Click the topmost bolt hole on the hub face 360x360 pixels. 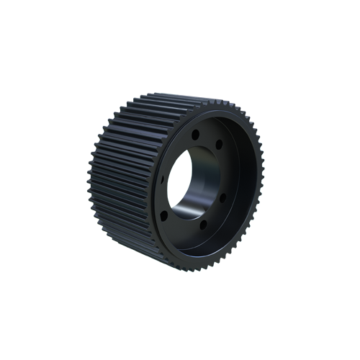(x=195, y=134)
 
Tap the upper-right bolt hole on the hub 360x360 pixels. (x=219, y=145)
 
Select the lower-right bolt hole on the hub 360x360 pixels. (x=223, y=197)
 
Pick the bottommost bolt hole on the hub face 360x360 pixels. (x=204, y=224)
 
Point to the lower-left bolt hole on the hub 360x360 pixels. (x=164, y=215)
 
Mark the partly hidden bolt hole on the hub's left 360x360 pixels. (x=163, y=178)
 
